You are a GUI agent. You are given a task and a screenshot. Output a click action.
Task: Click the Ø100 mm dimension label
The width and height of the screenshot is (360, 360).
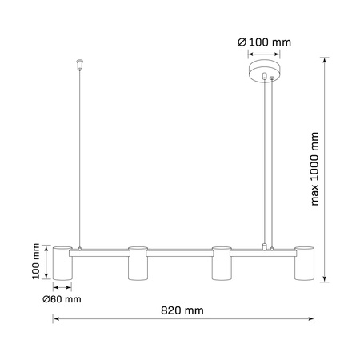pyautogui.click(x=265, y=42)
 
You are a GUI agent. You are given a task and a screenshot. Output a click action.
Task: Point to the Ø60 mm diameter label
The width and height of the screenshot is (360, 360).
pyautogui.click(x=62, y=299)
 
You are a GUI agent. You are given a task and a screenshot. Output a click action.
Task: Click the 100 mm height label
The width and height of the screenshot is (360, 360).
pyautogui.click(x=36, y=262)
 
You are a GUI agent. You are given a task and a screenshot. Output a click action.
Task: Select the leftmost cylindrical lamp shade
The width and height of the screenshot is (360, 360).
pyautogui.click(x=63, y=263)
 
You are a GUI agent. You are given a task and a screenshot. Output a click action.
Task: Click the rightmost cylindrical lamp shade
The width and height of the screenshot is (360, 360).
pyautogui.click(x=304, y=263)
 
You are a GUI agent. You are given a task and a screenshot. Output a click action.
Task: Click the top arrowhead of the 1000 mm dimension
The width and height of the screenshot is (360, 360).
pyautogui.click(x=324, y=65)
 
